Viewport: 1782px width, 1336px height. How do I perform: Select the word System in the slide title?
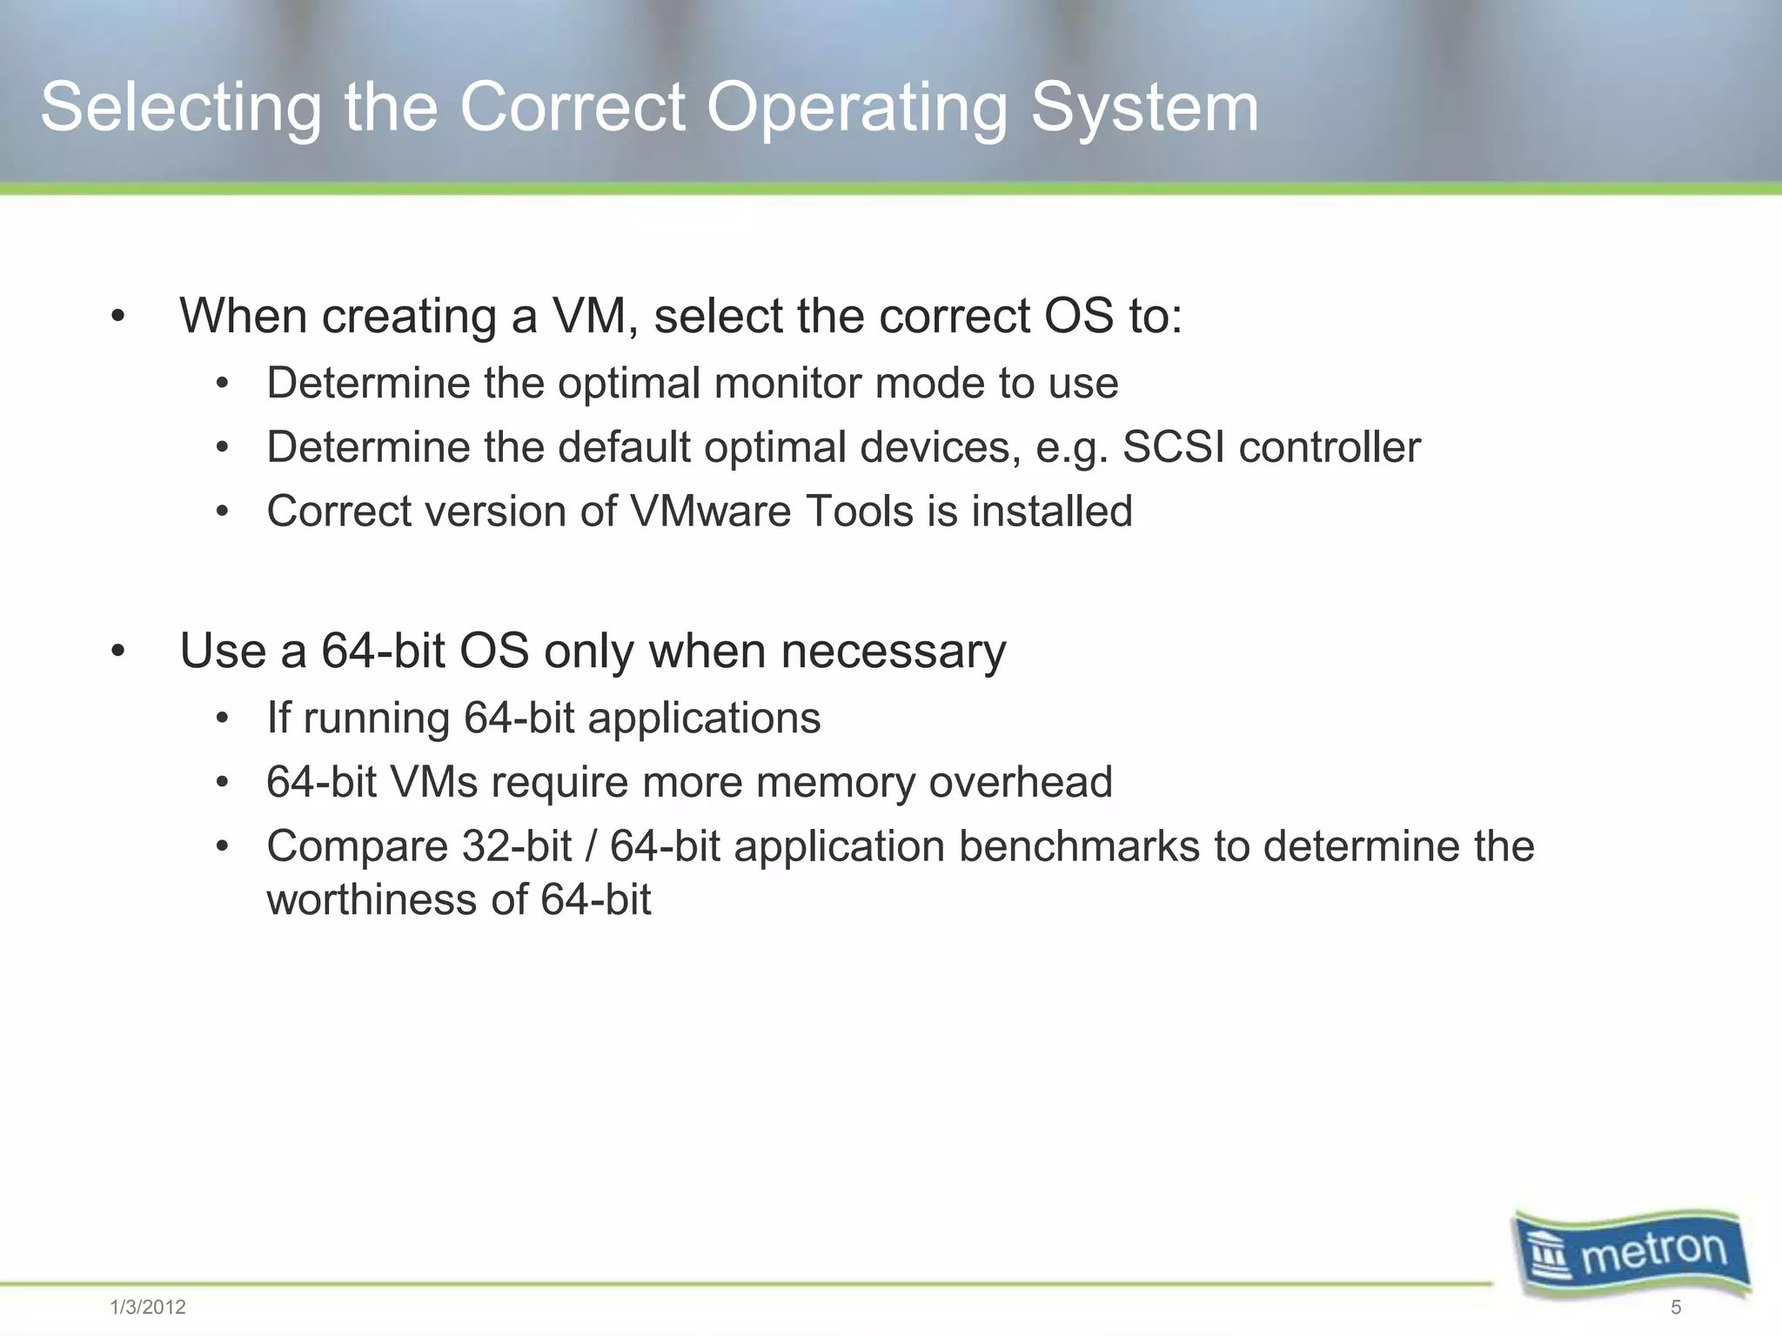1144,107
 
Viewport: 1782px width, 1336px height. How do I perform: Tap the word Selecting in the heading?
181,109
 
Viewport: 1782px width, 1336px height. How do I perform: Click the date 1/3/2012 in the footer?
148,1307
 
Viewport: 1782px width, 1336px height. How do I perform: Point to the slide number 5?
1676,1307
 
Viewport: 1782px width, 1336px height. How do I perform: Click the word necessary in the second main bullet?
893,651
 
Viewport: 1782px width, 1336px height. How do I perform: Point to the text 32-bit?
517,846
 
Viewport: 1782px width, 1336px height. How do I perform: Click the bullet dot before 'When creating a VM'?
118,317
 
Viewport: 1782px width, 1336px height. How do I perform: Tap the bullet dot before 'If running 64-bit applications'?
223,719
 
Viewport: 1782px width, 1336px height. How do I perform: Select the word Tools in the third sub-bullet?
860,511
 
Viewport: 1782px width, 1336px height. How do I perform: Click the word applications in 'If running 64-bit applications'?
703,719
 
